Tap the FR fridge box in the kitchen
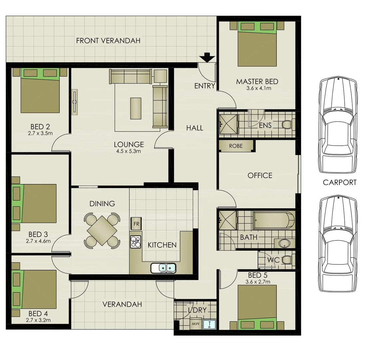(136, 224)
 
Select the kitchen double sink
(163, 268)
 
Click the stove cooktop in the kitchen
(136, 242)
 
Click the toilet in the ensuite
(287, 125)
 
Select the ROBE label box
(236, 146)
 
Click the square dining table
(102, 230)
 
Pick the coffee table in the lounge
(136, 108)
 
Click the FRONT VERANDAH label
(108, 41)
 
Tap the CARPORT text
(339, 182)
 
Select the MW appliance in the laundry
(194, 324)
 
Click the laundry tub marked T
(209, 324)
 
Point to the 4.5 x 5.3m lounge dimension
(129, 151)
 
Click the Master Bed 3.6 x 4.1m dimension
(258, 88)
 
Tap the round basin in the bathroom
(284, 243)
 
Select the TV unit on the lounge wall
(74, 102)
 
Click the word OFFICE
(260, 175)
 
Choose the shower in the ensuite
(228, 124)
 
